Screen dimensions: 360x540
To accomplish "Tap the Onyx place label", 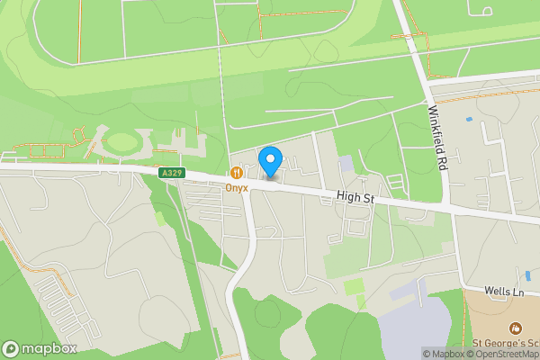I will (237, 187).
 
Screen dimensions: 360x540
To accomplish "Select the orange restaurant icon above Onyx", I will (236, 172).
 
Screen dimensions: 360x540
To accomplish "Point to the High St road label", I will (355, 195).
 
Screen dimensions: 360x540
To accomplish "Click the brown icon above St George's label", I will (514, 328).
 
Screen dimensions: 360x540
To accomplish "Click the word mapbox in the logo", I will (49, 348).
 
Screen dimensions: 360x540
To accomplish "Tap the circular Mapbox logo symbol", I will (12, 348).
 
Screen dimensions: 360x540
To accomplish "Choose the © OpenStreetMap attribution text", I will (503, 354).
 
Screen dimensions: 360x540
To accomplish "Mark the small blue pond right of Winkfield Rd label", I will (468, 119).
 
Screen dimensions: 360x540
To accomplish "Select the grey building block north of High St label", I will (346, 164).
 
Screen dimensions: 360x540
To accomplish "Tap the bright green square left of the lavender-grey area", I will (354, 287).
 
